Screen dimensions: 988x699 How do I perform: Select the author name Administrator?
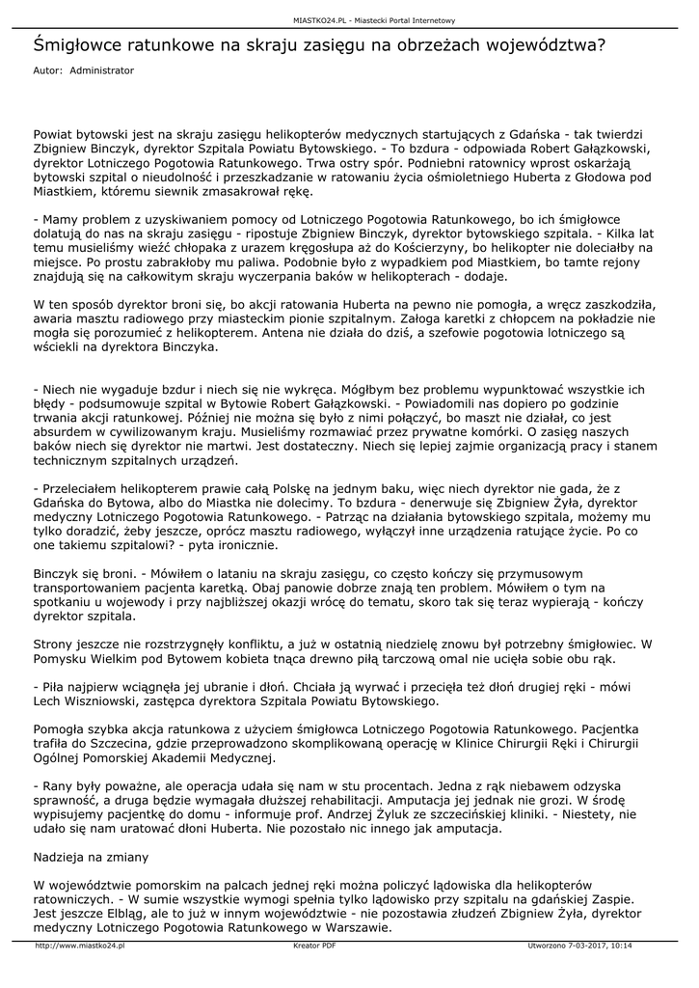click(x=102, y=70)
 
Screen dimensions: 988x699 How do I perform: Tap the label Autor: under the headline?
click(x=47, y=70)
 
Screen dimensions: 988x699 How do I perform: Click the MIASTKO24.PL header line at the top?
click(x=374, y=20)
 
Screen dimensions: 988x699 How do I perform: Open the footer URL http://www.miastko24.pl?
click(x=80, y=947)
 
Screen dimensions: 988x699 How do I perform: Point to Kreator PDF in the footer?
click(x=314, y=947)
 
